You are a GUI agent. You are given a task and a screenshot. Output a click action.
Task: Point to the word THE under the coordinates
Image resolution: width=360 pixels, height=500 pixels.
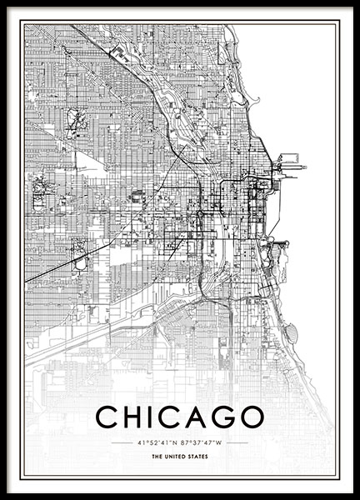click(x=157, y=457)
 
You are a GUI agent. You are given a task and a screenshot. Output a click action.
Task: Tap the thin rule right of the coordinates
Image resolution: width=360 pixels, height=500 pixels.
click(x=237, y=442)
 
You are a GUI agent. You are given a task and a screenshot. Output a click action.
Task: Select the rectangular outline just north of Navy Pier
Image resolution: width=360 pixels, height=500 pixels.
click(x=290, y=158)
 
